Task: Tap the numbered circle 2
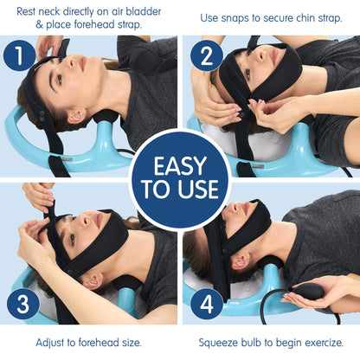(x=206, y=57)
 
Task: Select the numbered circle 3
(x=20, y=305)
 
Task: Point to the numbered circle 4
(x=206, y=305)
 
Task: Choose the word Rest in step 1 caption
(x=27, y=10)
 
